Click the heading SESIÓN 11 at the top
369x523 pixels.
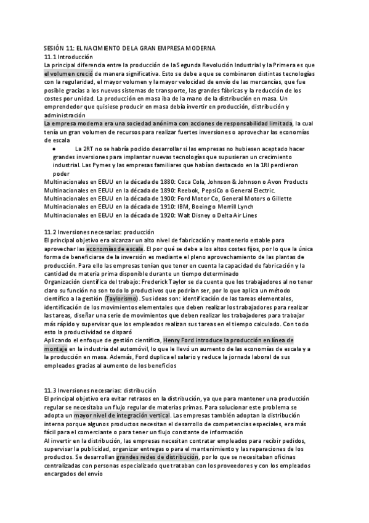(129, 47)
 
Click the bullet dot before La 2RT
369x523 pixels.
(57, 149)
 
